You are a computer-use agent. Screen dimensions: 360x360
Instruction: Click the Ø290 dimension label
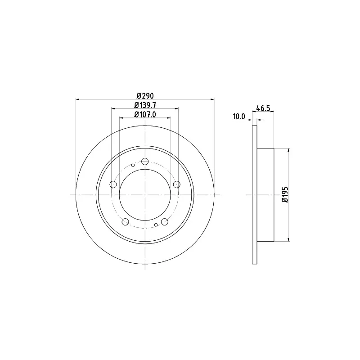145,95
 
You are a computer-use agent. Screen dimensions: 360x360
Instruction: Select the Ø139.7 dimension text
145,105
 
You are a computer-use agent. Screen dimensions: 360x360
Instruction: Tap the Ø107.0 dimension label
145,114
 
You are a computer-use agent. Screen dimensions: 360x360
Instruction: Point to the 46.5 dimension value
263,108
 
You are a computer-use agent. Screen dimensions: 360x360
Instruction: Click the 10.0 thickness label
239,117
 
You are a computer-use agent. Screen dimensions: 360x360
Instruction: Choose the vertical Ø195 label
285,194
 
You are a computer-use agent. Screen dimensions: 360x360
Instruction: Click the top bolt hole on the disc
145,162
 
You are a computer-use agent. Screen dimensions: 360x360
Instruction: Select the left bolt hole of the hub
113,184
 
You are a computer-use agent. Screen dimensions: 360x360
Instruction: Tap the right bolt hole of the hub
176,184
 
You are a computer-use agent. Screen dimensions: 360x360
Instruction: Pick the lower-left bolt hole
125,222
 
